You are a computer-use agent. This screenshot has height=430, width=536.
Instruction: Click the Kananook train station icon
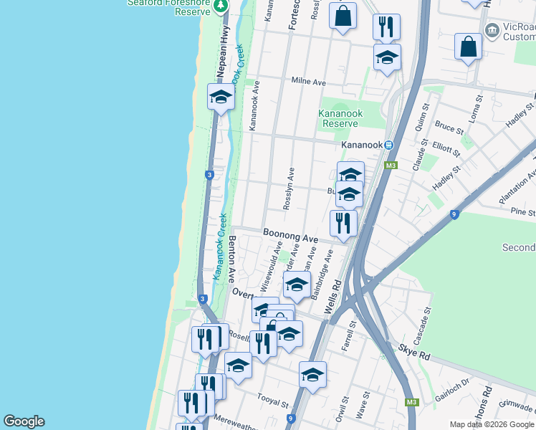[388, 145]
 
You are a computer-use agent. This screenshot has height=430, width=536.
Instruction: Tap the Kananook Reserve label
[340, 118]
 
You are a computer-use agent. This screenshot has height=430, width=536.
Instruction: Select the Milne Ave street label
[309, 82]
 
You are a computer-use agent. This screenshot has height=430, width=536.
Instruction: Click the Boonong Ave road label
[289, 234]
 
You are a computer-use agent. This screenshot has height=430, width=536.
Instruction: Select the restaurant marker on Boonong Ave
[344, 222]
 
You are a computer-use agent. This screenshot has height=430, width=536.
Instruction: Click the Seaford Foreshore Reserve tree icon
[221, 6]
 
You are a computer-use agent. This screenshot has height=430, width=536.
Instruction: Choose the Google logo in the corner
[24, 421]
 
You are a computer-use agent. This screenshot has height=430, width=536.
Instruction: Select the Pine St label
[523, 212]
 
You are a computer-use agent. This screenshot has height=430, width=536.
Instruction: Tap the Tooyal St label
[274, 403]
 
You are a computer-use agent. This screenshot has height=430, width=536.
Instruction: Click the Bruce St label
[449, 128]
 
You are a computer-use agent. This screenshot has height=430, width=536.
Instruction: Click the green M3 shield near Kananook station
[391, 166]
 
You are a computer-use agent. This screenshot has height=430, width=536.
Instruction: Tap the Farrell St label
[353, 334]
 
